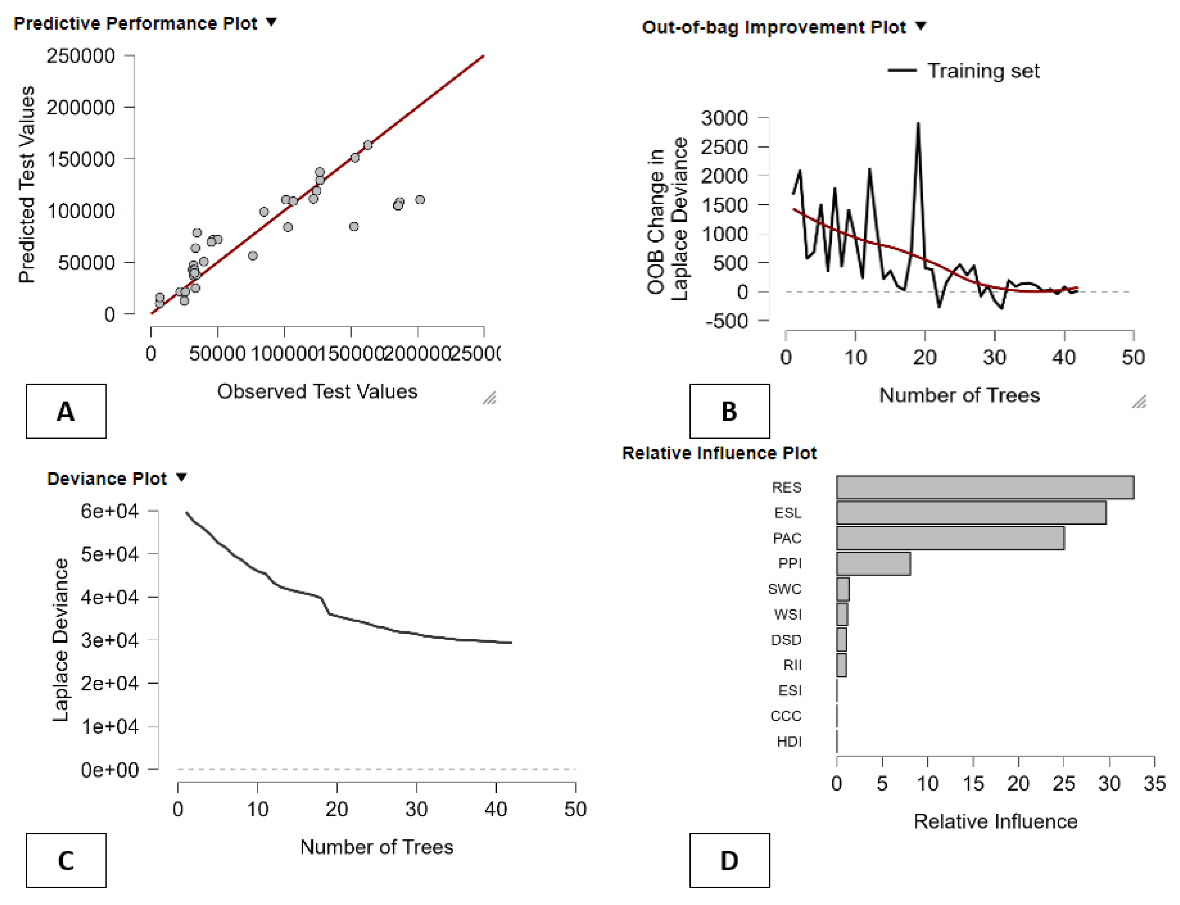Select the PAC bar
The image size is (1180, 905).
point(950,538)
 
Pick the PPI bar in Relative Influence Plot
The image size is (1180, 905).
point(873,564)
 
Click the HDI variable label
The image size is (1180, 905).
point(789,742)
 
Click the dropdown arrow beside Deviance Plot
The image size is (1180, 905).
point(182,477)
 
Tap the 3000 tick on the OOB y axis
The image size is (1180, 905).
point(724,118)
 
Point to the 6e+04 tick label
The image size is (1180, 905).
point(109,511)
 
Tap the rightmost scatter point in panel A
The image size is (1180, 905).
point(420,200)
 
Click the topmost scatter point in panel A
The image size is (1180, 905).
point(368,145)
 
